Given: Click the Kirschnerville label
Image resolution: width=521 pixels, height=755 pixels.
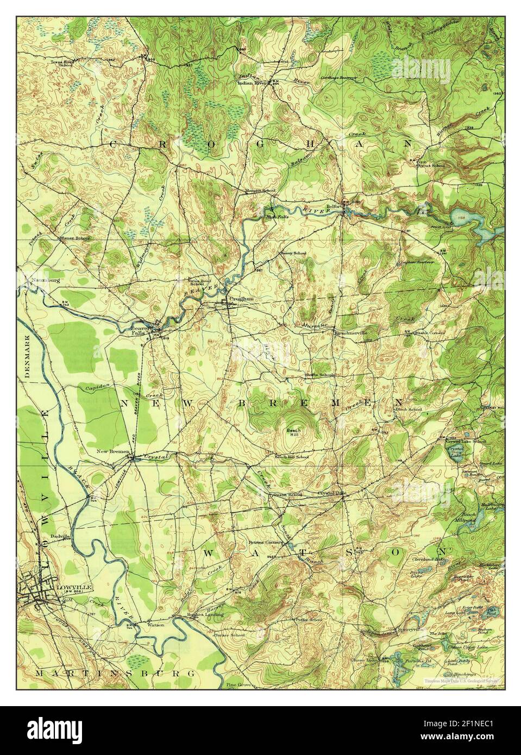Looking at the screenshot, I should click(x=351, y=331).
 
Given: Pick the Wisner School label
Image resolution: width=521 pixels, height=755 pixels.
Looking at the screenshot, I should click(x=75, y=238).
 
